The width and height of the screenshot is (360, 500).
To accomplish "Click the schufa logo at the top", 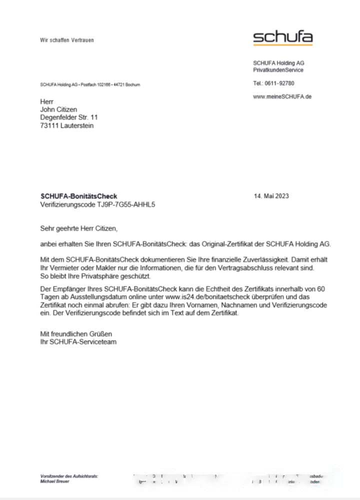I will click(282, 37).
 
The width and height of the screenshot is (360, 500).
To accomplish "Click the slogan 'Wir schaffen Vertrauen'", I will click(67, 40).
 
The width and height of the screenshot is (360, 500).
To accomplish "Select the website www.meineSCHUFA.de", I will click(282, 96).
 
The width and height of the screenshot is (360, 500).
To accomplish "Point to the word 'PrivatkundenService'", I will click(278, 70).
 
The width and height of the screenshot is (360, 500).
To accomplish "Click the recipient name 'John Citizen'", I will click(58, 109).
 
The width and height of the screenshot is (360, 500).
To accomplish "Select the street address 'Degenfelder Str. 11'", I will click(69, 117).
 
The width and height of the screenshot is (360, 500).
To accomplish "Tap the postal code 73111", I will click(49, 125).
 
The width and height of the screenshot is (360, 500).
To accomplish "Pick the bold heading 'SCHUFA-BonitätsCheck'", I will click(78, 196).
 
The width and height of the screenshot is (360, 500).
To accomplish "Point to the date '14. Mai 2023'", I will click(271, 196).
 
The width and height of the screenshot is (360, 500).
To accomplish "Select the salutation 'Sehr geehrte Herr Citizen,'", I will click(78, 228).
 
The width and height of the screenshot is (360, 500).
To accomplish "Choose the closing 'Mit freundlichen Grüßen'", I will click(76, 333).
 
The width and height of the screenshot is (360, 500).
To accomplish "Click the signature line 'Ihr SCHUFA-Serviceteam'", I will click(78, 342).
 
